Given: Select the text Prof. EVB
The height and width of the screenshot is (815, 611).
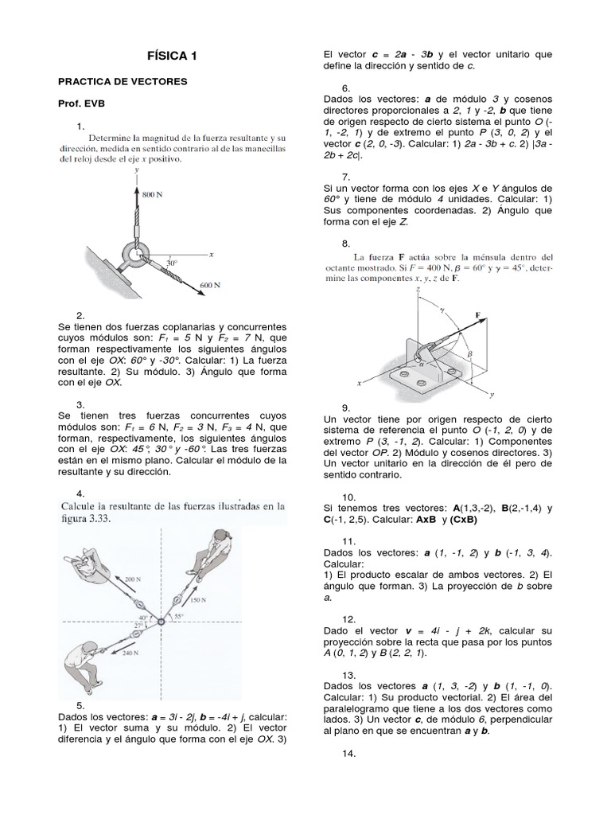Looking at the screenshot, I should tap(82, 103).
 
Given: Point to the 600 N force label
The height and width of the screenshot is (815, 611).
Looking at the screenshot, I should tap(210, 284).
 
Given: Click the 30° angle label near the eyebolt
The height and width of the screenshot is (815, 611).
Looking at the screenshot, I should tap(171, 262).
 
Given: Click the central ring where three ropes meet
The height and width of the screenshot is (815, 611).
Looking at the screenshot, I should tap(162, 622).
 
